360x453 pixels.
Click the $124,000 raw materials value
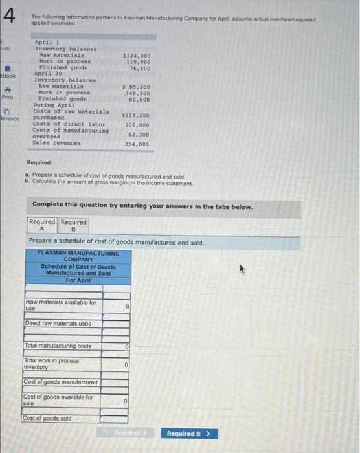[137, 56]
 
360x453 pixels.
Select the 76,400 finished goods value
[140, 68]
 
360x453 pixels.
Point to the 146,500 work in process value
[139, 93]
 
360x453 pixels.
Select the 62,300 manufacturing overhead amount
[139, 134]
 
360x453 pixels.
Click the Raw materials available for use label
[61, 305]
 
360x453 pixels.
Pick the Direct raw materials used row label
[58, 324]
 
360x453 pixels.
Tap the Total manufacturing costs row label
[58, 346]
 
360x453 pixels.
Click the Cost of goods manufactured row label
[61, 382]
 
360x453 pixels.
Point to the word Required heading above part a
[39, 163]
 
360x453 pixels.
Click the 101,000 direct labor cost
[137, 125]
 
